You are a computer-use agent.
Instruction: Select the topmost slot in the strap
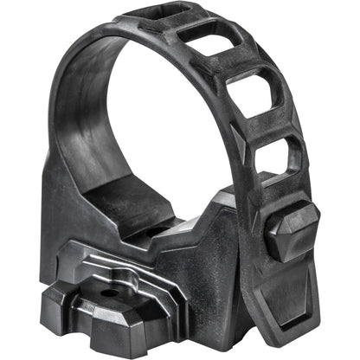(157, 16)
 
